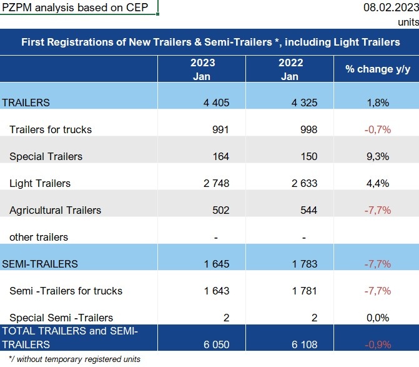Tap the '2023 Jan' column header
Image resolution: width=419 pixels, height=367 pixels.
(202, 69)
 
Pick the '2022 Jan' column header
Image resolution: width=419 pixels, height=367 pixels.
(290, 69)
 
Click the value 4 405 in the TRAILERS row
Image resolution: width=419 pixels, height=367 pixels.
(217, 103)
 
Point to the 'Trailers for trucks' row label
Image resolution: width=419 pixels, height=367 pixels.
(51, 129)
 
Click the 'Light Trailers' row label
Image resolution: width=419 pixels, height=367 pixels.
(40, 183)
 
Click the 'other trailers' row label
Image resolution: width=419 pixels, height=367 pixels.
(39, 237)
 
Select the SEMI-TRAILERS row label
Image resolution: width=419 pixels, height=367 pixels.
(41, 264)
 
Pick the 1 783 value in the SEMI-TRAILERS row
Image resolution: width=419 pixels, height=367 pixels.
(304, 264)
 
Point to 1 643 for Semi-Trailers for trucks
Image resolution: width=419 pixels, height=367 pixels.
(216, 291)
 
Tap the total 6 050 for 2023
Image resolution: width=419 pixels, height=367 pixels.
(216, 343)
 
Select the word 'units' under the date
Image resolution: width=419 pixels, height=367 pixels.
(408, 21)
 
